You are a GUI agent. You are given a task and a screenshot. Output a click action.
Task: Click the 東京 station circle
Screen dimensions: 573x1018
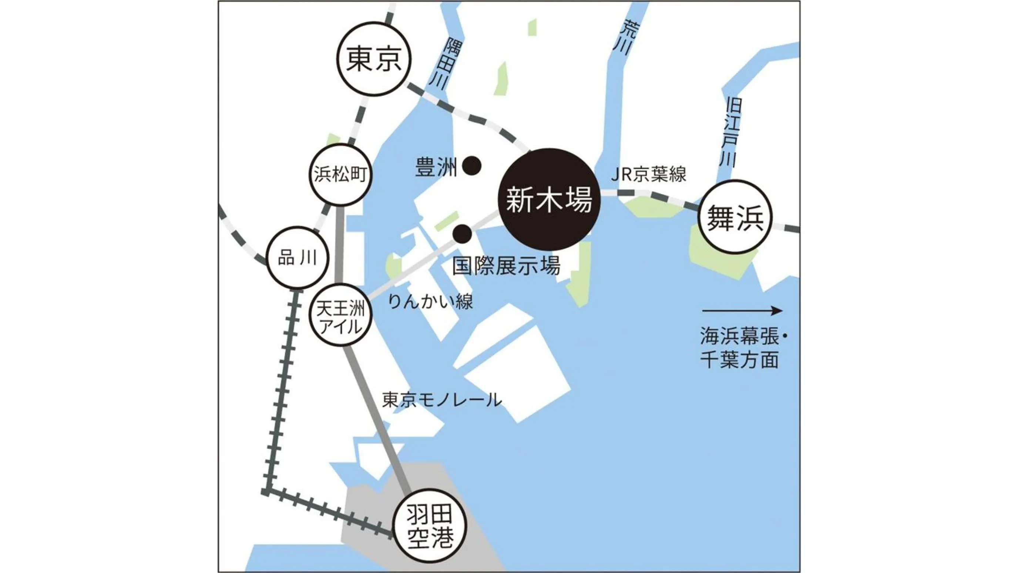point(374,59)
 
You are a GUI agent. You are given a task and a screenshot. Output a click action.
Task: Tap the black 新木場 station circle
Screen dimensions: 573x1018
point(549,200)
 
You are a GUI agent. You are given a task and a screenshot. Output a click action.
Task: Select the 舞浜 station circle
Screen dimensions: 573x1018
point(735,217)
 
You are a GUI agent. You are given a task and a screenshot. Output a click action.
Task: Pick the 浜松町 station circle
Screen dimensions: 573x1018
point(340,174)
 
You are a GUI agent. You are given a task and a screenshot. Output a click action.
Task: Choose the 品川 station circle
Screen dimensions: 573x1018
point(297,258)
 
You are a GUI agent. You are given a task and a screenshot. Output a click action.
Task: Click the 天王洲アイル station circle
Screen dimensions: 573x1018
point(340,315)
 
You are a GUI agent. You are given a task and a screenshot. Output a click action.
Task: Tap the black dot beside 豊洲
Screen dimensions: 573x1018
point(472,166)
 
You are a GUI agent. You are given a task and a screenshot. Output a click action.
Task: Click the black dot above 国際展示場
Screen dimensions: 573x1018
point(462,234)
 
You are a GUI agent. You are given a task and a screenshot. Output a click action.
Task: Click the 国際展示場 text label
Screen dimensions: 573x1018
point(506,266)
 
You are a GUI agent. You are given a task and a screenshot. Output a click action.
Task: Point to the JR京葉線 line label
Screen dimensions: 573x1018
point(648,174)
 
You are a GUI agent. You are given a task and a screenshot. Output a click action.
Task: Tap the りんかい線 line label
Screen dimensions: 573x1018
point(430,302)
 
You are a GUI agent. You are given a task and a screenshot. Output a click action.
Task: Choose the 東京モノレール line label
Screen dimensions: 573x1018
point(441,400)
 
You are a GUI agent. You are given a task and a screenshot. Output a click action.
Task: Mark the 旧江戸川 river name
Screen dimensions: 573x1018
point(732,133)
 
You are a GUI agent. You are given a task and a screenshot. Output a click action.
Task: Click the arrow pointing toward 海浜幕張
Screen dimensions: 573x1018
point(742,311)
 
